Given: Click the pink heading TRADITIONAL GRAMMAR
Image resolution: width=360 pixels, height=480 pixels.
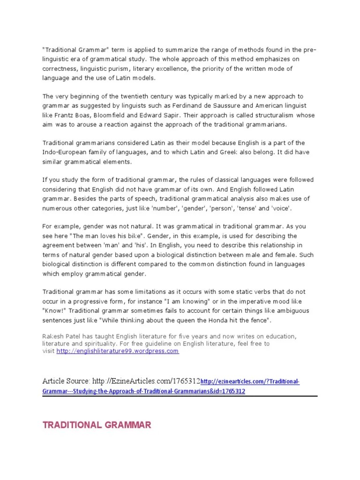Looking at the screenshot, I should click(97, 425).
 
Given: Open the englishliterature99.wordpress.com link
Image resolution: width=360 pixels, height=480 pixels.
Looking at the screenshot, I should click(118, 351).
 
